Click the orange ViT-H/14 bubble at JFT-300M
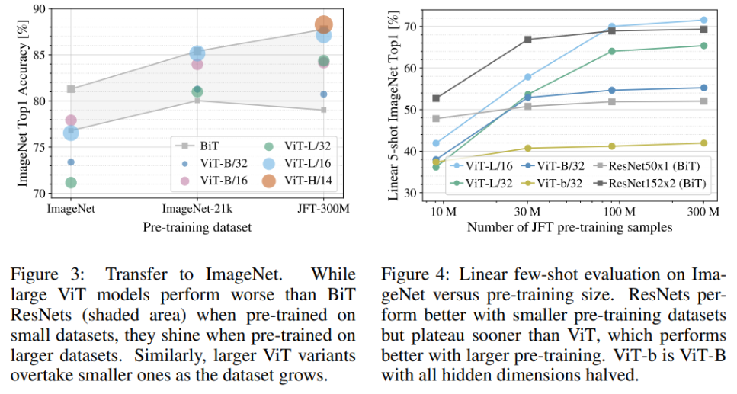[x=323, y=25]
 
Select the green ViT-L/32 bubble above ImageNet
[x=71, y=182]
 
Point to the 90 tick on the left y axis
[x=37, y=8]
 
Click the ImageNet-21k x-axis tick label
[x=197, y=207]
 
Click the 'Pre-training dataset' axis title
[x=197, y=226]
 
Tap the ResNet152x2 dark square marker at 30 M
[x=527, y=39]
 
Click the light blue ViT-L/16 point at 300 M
[x=703, y=20]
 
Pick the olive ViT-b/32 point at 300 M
[x=703, y=143]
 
